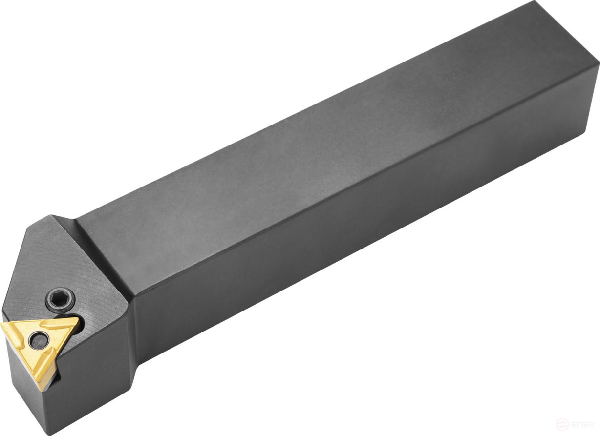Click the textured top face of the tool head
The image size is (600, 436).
coord(59,264)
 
